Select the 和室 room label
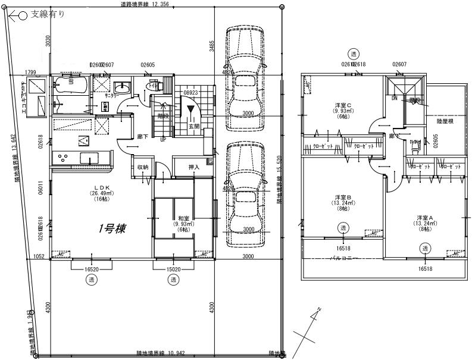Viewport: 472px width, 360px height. (x=183, y=218)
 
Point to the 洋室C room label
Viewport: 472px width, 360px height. (x=343, y=105)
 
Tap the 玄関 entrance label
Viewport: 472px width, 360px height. (x=193, y=126)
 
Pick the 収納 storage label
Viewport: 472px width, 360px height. (x=143, y=167)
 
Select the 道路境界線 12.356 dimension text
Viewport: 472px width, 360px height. (x=144, y=4)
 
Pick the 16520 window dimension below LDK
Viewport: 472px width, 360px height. (x=92, y=269)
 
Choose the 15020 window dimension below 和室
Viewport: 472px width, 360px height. (x=173, y=269)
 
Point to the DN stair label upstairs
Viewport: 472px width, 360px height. (x=394, y=99)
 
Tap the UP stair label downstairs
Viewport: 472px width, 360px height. (x=163, y=139)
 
